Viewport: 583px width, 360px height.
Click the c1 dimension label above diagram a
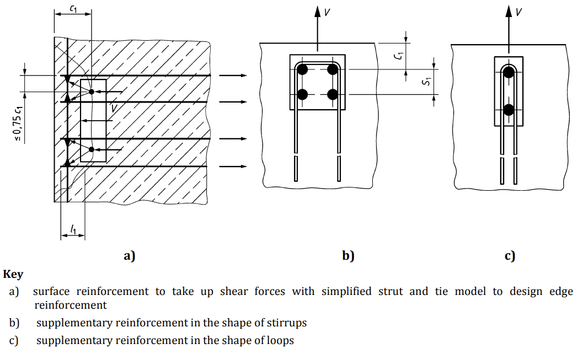(73, 8)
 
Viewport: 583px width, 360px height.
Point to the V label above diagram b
(327, 12)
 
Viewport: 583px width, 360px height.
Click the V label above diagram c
(519, 12)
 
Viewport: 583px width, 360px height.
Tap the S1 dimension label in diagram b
(425, 83)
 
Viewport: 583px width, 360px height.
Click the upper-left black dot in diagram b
(302, 69)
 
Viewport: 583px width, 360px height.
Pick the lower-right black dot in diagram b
(332, 94)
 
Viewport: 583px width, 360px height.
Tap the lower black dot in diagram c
(509, 110)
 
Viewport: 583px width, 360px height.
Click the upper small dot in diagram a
(92, 91)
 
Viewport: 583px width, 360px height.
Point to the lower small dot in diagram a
(92, 149)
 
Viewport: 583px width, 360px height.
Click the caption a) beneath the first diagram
(129, 256)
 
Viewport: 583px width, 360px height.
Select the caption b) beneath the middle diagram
(348, 256)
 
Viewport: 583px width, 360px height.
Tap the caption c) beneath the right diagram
(510, 256)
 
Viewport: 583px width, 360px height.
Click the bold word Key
(13, 275)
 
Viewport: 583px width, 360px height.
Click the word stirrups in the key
(282, 323)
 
